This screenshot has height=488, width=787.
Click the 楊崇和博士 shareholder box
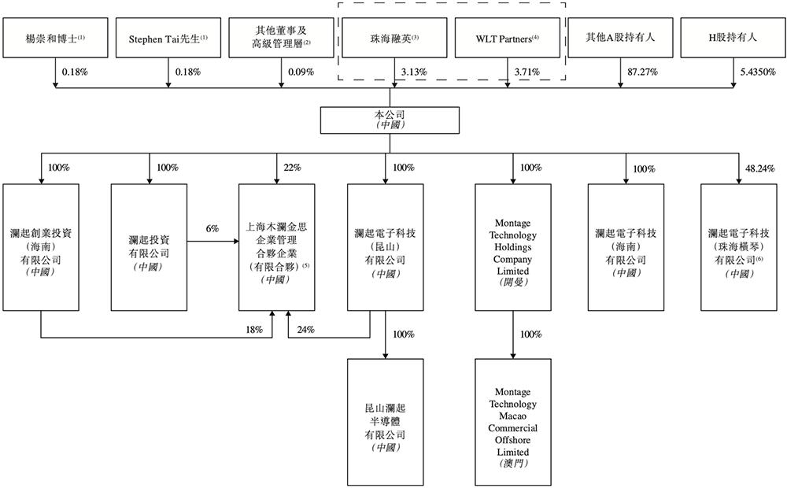pos(53,38)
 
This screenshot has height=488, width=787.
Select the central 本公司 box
pos(394,120)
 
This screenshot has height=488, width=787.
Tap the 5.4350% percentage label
pos(757,72)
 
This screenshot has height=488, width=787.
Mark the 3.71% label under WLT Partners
pos(527,72)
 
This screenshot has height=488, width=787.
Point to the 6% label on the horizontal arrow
pos(212,227)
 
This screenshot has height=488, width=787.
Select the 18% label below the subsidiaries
pos(253,330)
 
